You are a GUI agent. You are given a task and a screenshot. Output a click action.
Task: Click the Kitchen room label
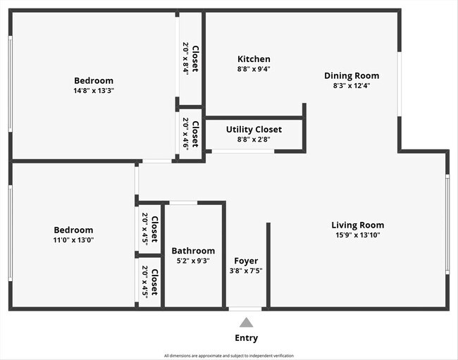pyautogui.click(x=253, y=59)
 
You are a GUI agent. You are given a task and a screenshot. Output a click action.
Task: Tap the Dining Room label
pyautogui.click(x=351, y=75)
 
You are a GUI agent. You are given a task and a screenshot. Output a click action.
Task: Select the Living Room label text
pyautogui.click(x=357, y=225)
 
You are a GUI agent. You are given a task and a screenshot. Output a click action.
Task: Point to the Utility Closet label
pyautogui.click(x=254, y=130)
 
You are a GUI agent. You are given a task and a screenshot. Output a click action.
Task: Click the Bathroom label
pyautogui.click(x=193, y=251)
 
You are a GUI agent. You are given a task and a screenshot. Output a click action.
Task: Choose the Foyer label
pyautogui.click(x=246, y=261)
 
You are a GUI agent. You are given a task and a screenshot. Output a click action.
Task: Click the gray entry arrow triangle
pyautogui.click(x=246, y=323)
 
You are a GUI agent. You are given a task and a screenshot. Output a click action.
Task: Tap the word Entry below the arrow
pyautogui.click(x=246, y=338)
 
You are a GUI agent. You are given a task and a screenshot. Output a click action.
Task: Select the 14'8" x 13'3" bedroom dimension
pyautogui.click(x=93, y=91)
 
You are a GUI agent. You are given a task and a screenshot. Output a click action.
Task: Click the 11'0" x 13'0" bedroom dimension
pyautogui.click(x=73, y=240)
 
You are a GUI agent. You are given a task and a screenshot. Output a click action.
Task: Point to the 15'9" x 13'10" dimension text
pyautogui.click(x=357, y=235)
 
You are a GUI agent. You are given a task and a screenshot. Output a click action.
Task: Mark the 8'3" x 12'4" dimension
pyautogui.click(x=351, y=85)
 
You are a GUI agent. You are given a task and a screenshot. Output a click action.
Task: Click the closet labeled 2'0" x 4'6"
pyautogui.click(x=191, y=135)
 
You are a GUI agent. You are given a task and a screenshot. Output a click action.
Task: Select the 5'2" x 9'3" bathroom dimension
pyautogui.click(x=193, y=261)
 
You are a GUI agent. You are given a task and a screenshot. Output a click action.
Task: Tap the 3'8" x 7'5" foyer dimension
pyautogui.click(x=246, y=271)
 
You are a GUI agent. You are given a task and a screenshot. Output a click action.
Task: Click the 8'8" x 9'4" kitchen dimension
pyautogui.click(x=253, y=69)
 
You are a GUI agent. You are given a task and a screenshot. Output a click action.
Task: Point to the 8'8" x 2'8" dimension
pyautogui.click(x=254, y=139)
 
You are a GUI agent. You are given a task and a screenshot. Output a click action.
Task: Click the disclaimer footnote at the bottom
pyautogui.click(x=229, y=356)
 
